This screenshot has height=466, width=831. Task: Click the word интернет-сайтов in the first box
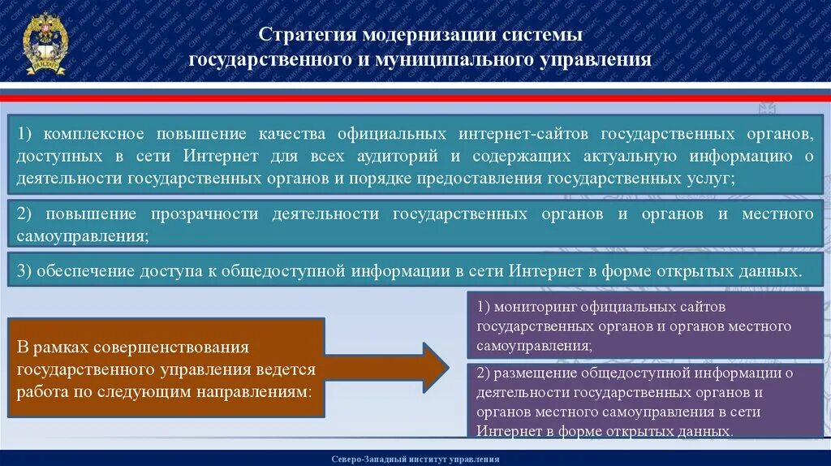517,132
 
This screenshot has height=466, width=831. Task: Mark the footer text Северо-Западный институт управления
415,459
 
